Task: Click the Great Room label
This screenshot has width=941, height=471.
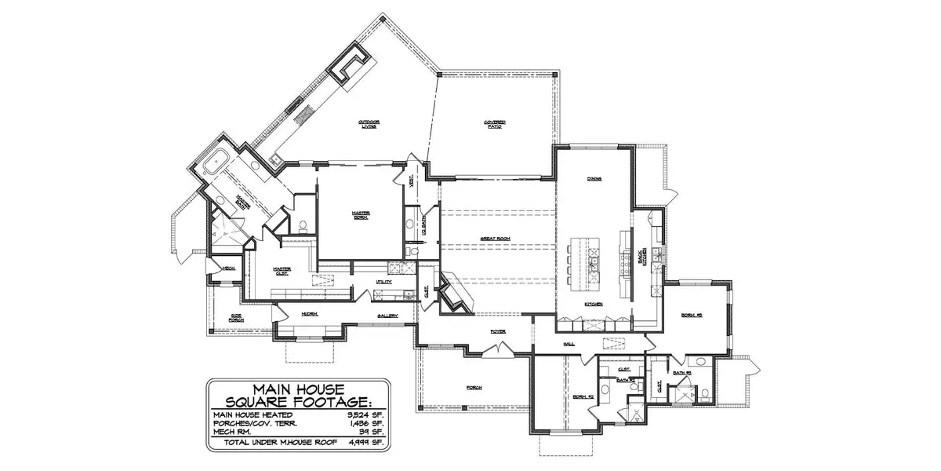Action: click(x=496, y=236)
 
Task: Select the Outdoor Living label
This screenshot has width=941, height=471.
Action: click(x=369, y=124)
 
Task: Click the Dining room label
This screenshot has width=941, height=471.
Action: click(x=594, y=179)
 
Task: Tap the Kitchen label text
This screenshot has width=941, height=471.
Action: click(x=592, y=304)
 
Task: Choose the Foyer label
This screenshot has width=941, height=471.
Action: click(x=497, y=331)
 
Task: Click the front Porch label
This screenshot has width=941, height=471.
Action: click(x=473, y=388)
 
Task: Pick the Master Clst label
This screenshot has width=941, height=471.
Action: click(x=282, y=271)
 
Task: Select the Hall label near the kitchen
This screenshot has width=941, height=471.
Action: click(x=569, y=344)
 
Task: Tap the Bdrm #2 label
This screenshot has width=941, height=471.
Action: click(x=579, y=396)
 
